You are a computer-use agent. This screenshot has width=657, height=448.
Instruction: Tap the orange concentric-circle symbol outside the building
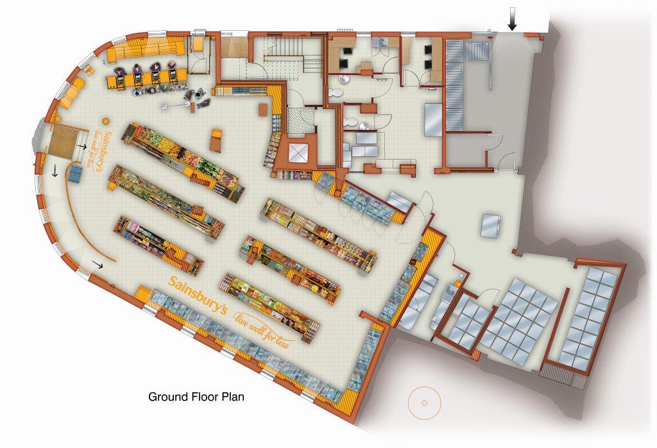pyautogui.click(x=425, y=402)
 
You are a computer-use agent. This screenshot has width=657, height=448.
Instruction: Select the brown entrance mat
pyautogui.click(x=64, y=142)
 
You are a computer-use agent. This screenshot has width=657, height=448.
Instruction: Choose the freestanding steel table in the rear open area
pyautogui.click(x=490, y=226)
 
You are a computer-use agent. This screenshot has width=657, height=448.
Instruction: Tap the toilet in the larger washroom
pyautogui.click(x=336, y=92)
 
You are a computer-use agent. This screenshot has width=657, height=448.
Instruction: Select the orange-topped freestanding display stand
pyautogui.click(x=216, y=140)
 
